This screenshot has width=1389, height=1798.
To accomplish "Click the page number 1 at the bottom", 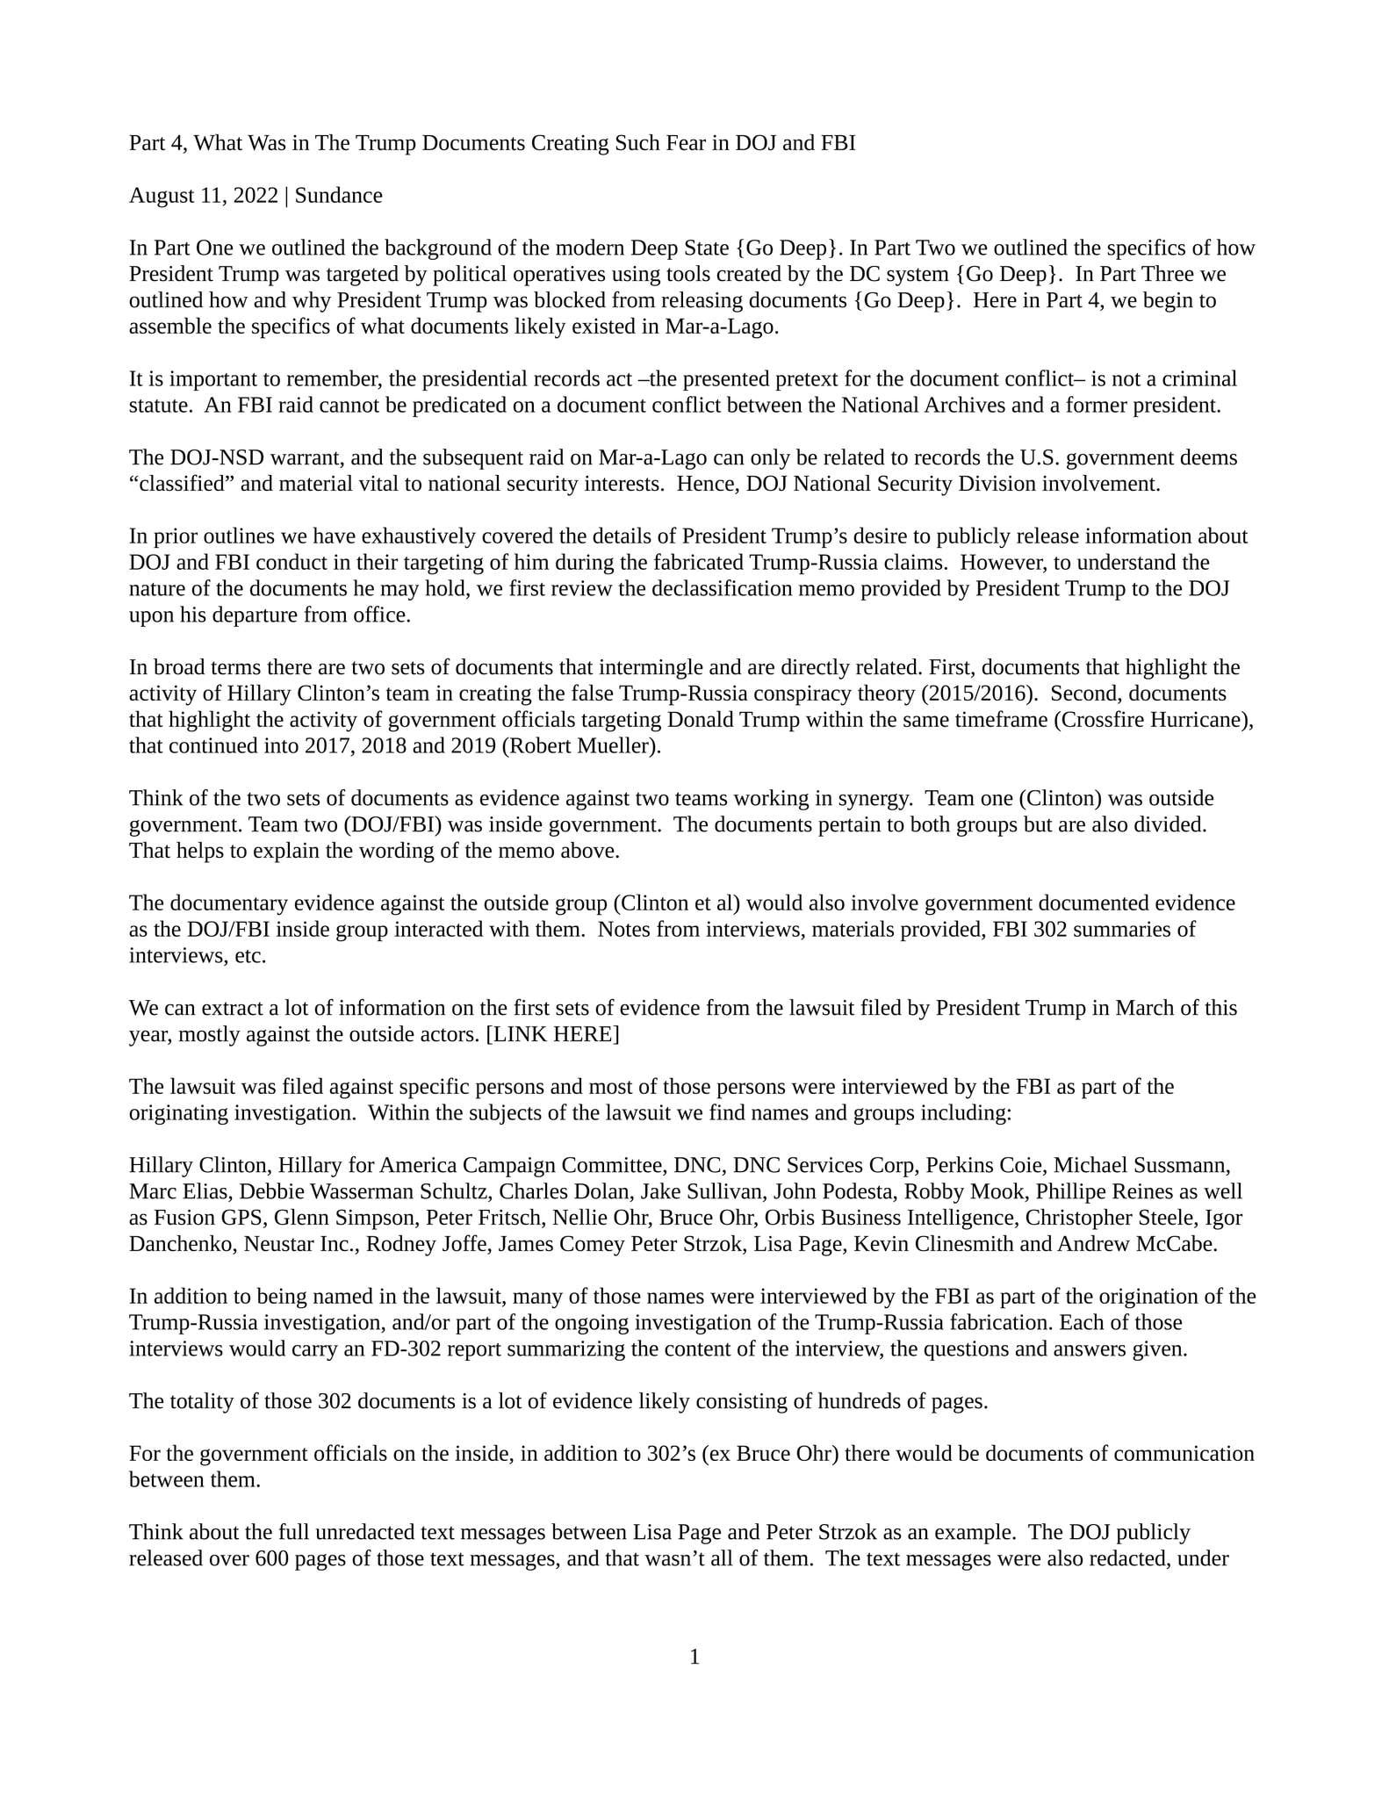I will (694, 1657).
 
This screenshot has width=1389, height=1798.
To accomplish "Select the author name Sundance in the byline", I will (338, 195).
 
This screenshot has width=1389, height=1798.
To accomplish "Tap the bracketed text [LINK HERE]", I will (552, 1034).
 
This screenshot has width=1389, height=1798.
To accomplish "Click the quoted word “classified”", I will (182, 484).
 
